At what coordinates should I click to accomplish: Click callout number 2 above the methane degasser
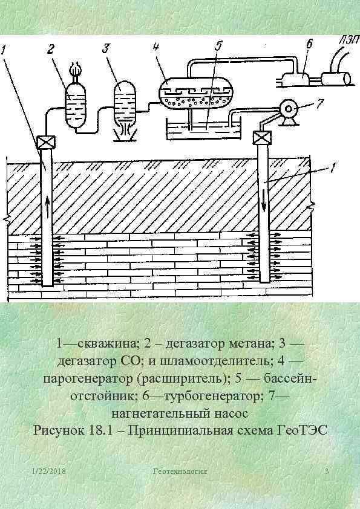coord(52,48)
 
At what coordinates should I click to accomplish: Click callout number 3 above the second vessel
coord(106,48)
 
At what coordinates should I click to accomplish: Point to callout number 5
coord(218,47)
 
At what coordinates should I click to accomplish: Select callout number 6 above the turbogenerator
coord(309,43)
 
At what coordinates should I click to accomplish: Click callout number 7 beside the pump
coord(320,103)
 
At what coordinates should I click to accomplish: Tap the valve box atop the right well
coord(262,138)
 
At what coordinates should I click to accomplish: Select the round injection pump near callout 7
coord(289,110)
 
